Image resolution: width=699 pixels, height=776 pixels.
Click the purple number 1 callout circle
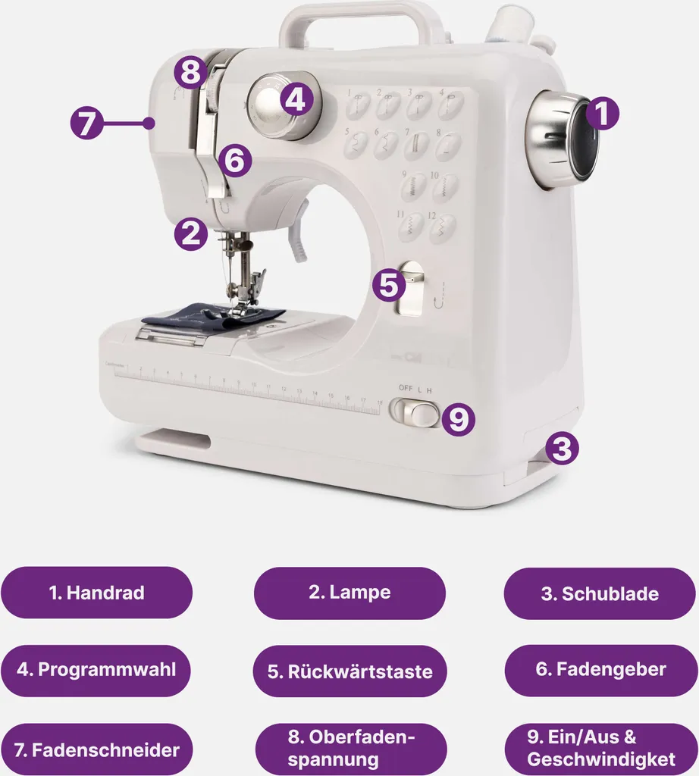point(603,114)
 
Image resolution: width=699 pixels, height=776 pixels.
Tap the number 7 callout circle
point(86,123)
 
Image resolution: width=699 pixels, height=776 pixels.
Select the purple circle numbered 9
point(459,418)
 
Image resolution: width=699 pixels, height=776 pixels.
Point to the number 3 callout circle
point(562,449)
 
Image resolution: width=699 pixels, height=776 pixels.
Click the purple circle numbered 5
point(389,285)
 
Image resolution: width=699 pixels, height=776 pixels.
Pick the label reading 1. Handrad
point(96,593)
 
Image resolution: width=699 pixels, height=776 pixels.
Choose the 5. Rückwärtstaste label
point(350,671)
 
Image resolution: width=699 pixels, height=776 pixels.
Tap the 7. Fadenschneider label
point(96,749)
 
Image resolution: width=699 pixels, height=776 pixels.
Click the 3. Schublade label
point(600,593)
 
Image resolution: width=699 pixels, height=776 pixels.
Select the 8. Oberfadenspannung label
point(351,748)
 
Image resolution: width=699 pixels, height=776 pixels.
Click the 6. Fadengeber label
point(601,670)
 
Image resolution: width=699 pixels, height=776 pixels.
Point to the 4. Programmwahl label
point(96,670)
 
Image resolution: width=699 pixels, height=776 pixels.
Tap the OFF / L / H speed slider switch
point(415,411)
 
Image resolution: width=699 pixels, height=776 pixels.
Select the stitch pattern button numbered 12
point(441,228)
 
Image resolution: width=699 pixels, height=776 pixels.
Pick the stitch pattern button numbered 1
point(357,105)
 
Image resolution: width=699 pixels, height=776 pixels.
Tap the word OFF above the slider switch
point(406,388)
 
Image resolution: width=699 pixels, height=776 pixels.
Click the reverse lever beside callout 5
point(410,289)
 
